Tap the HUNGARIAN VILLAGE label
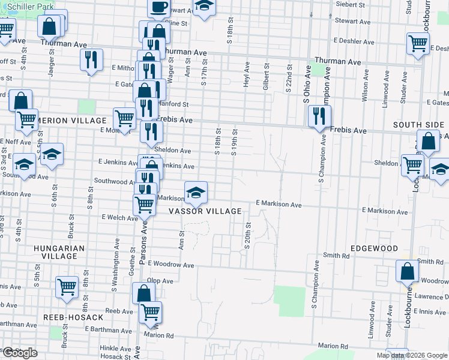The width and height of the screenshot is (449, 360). [x=55, y=252]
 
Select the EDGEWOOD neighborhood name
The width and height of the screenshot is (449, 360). [x=375, y=248]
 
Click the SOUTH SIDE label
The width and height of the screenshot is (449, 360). [x=418, y=125]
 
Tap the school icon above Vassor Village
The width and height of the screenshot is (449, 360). [x=196, y=193]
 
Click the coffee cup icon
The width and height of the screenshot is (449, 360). [x=159, y=7]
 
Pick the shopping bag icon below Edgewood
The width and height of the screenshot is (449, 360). [x=408, y=271]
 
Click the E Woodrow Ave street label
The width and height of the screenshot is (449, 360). [x=171, y=264]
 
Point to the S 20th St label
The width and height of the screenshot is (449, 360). [x=247, y=237]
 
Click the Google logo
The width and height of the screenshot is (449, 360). [x=20, y=353]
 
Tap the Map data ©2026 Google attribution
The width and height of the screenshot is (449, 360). [x=412, y=355]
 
